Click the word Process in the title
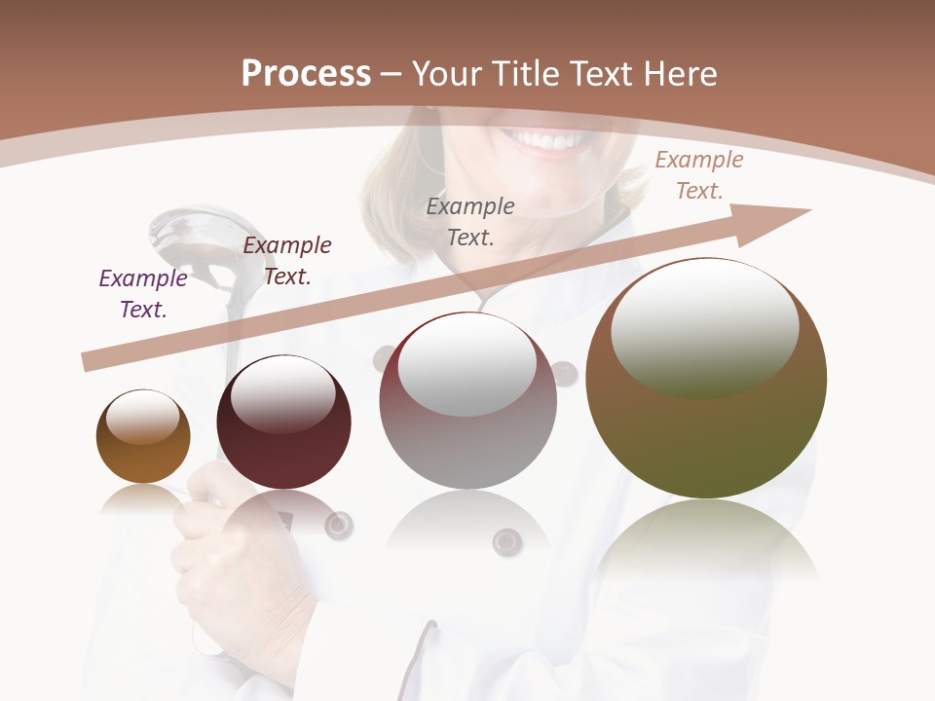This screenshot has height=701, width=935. [x=306, y=73]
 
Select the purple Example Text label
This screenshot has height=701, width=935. [x=143, y=294]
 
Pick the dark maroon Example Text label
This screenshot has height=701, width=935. [x=287, y=261]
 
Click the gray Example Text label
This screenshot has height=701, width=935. [x=470, y=221]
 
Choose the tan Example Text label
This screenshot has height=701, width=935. [x=699, y=175]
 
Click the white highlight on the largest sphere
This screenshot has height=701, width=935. [x=705, y=328]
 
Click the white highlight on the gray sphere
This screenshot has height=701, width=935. [x=467, y=368]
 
